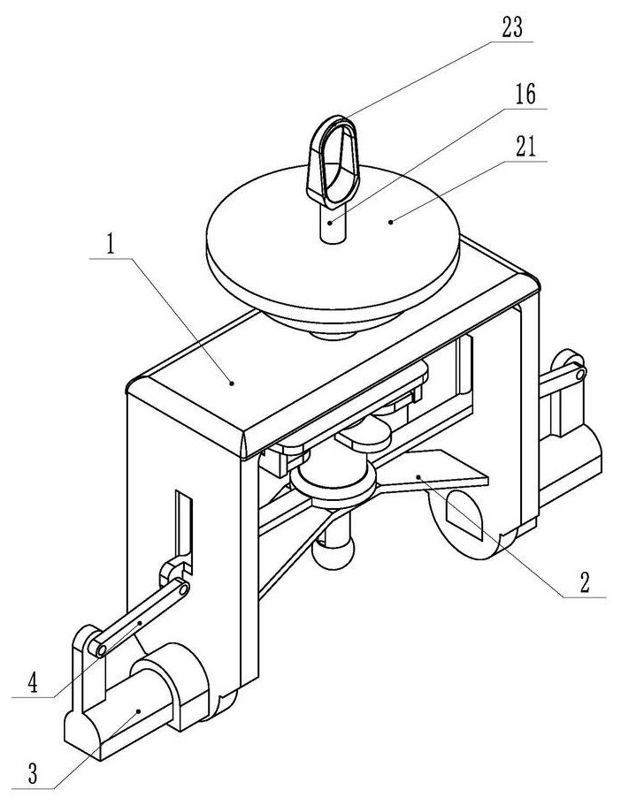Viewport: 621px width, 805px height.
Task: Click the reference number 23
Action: point(512,27)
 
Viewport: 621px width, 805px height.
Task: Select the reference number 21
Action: point(525,147)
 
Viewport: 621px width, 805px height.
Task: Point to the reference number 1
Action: point(110,245)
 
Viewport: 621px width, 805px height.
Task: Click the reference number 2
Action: point(585,582)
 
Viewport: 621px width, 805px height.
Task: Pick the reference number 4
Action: point(33,683)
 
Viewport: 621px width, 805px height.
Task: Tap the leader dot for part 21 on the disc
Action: point(391,222)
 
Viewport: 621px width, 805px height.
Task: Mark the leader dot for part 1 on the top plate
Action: point(232,383)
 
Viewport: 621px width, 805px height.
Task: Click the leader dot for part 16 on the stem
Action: point(330,223)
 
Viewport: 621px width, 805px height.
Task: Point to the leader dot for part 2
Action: point(418,477)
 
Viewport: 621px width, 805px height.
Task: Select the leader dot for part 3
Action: point(138,711)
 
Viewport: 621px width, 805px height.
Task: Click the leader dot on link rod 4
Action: point(139,623)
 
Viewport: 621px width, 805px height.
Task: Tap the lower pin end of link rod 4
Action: point(101,650)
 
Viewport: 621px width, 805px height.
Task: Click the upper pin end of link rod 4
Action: point(183,589)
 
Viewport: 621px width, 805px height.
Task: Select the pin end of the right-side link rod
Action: point(580,374)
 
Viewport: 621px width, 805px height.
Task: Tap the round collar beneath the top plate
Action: point(333,480)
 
